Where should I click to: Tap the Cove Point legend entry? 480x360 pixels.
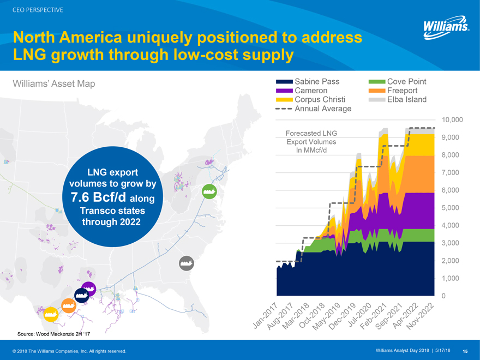pyautogui.click(x=406, y=82)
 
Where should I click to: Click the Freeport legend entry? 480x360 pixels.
pyautogui.click(x=402, y=91)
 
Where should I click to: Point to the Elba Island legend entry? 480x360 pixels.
pyautogui.click(x=406, y=100)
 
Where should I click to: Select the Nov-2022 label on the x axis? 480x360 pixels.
pyautogui.click(x=423, y=315)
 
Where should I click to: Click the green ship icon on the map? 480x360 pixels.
pyautogui.click(x=209, y=191)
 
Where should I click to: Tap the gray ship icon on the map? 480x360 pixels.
pyautogui.click(x=187, y=262)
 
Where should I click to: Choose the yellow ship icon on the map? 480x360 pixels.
pyautogui.click(x=52, y=314)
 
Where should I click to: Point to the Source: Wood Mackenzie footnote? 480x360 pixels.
pyautogui.click(x=43, y=334)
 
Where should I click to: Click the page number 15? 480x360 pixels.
pyautogui.click(x=465, y=351)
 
